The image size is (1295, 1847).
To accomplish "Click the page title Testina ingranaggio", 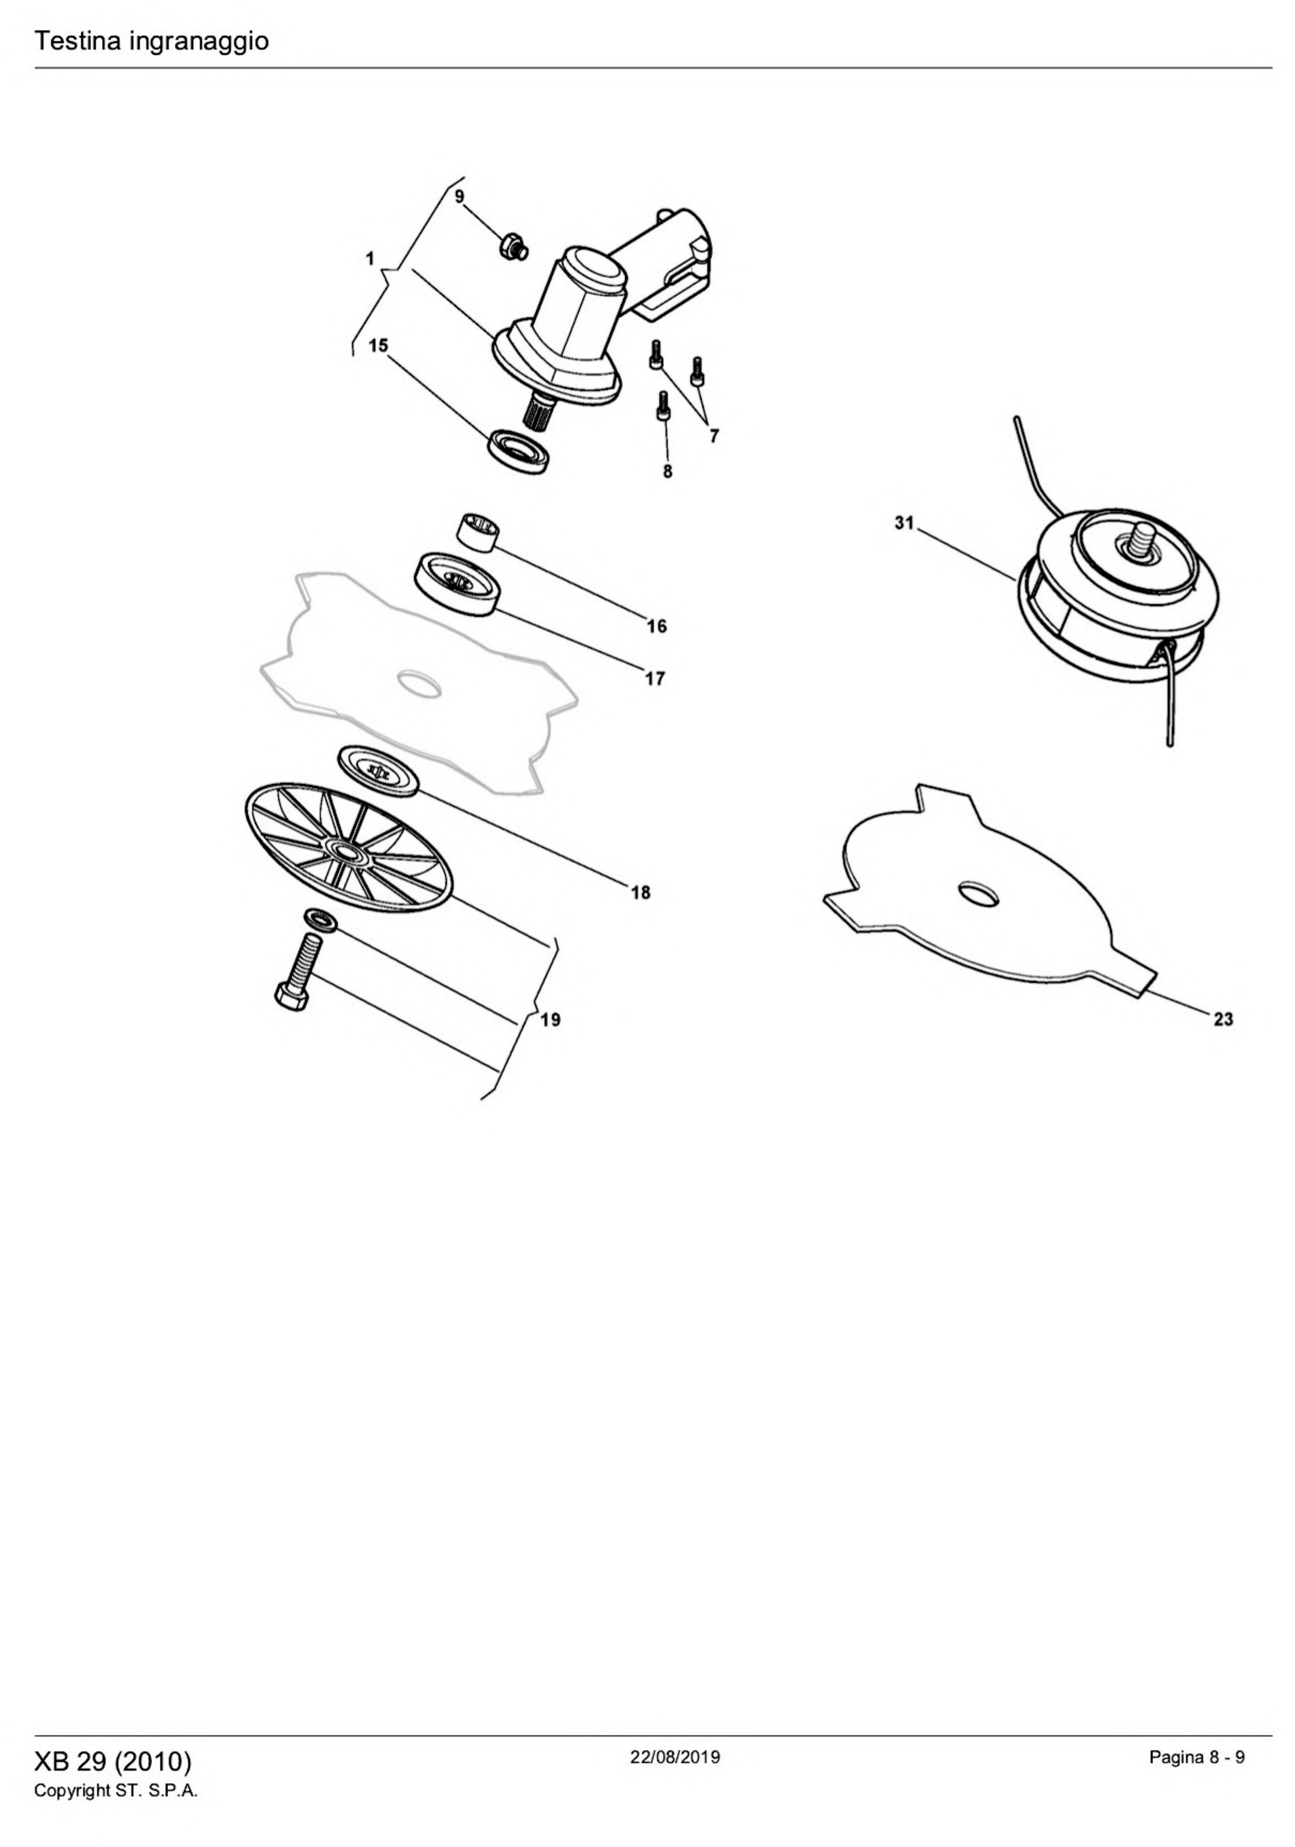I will pos(151,41).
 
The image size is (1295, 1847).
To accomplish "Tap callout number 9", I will pos(459,196).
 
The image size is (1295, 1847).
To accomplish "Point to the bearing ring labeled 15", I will pos(518,451).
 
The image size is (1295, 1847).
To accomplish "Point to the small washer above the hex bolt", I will pos(320,919).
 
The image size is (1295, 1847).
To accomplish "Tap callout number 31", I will pos(904,523).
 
